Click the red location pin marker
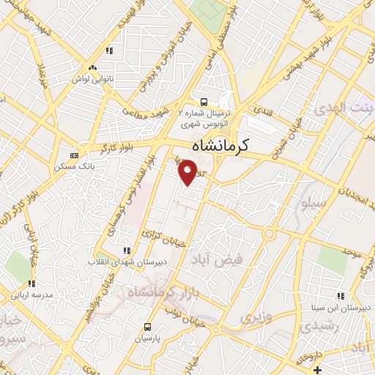pos(187,173)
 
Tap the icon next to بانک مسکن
pos(73,155)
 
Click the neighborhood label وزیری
pos(256,317)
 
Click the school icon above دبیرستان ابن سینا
pos(340,296)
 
